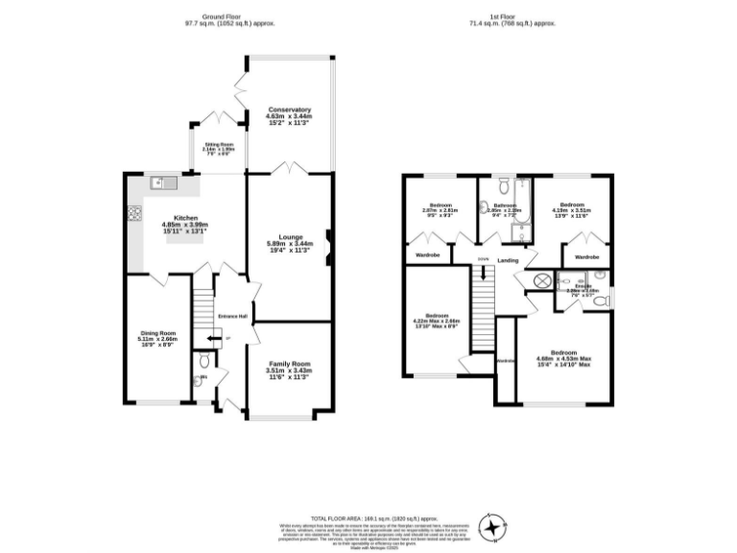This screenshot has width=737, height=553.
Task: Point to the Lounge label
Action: pos(291,237)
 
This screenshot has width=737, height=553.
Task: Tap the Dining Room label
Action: pos(155,332)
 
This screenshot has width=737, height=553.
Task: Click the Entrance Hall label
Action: pos(233,316)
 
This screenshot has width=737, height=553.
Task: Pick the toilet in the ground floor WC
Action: pos(201,362)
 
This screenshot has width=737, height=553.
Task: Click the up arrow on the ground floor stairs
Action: pos(212,339)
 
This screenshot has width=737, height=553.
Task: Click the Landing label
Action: pos(509,260)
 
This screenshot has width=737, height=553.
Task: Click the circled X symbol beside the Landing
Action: pos(542,280)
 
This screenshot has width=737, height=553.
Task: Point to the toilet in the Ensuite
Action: pos(599,301)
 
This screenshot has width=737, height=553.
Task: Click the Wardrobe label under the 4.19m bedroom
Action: pos(587,257)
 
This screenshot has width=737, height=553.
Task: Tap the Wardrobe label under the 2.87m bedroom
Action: pos(425,256)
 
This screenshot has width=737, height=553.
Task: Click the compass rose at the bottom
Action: pos(493,526)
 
